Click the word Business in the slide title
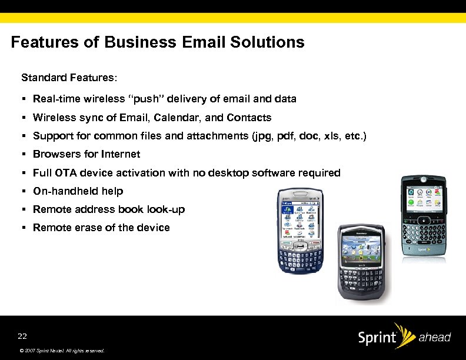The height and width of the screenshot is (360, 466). click(139, 43)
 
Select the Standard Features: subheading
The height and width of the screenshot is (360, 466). click(69, 78)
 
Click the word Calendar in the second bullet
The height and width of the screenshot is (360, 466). click(177, 118)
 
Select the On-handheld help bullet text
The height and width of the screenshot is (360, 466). click(78, 191)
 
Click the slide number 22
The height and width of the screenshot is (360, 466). click(22, 336)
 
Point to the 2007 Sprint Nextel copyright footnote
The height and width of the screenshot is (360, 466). click(61, 351)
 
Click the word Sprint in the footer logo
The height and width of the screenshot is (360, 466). click(377, 338)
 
